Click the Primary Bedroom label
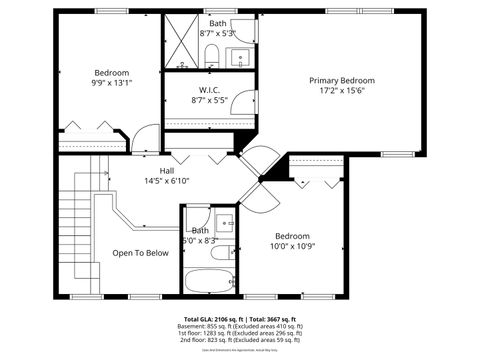(x=341, y=80)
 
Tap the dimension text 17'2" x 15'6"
(x=341, y=91)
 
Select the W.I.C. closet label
(x=209, y=89)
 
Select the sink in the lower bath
(x=225, y=223)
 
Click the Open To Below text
(x=140, y=253)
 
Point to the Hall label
(x=153, y=170)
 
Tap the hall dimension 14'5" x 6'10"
(x=153, y=181)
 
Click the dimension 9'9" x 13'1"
(x=111, y=84)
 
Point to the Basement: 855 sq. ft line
(x=239, y=326)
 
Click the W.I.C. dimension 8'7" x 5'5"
(x=209, y=100)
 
